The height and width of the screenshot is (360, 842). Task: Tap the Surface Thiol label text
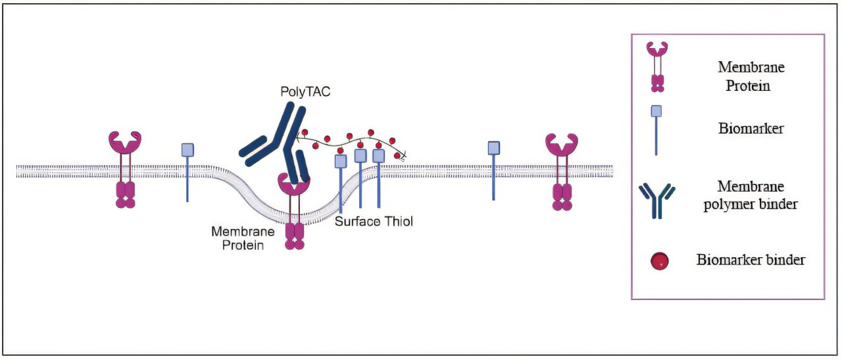[374, 221]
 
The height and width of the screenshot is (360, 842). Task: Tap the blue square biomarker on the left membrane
[187, 150]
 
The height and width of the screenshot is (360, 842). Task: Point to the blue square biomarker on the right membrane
[494, 148]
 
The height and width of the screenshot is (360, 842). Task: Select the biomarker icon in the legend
[656, 112]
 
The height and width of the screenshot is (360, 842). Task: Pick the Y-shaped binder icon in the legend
[656, 199]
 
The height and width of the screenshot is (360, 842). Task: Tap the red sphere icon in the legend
[659, 261]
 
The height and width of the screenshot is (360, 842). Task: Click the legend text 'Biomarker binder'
[750, 260]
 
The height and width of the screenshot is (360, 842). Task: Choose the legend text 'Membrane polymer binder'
[750, 195]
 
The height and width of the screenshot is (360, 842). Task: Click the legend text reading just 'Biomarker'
[750, 129]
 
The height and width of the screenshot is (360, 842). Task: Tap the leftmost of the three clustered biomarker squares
[341, 161]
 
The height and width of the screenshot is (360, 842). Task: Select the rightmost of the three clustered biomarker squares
[378, 155]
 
